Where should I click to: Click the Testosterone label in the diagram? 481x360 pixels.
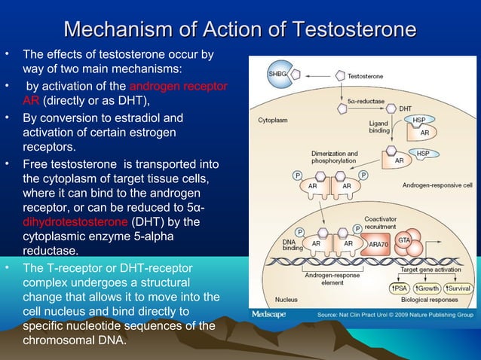coord(365,76)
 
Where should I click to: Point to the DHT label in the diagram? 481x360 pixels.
coord(405,108)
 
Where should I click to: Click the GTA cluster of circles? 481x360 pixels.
coord(403,239)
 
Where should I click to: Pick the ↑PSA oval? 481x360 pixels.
coord(399,288)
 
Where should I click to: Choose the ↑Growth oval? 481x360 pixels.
coord(427,288)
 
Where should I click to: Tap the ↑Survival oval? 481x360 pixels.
coord(458,288)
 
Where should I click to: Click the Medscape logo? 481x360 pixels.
coord(268,313)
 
